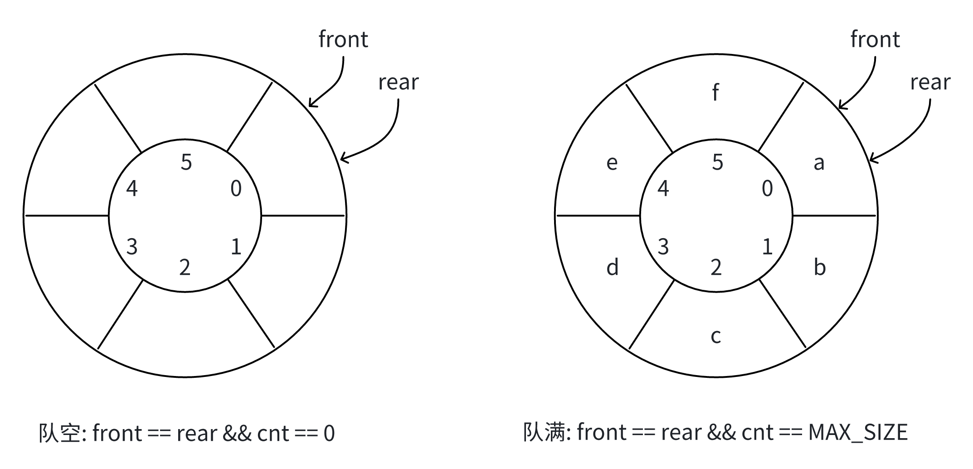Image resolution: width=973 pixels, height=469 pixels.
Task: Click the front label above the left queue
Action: (343, 39)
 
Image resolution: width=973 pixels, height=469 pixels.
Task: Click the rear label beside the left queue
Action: (398, 83)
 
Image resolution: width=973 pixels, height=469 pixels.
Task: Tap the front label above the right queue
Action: (875, 39)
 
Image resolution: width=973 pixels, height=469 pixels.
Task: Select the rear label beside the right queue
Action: (930, 83)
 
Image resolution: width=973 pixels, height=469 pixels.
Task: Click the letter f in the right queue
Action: (715, 92)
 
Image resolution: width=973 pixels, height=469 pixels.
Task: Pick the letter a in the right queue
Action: (818, 163)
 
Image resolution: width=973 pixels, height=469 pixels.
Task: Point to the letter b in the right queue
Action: (819, 267)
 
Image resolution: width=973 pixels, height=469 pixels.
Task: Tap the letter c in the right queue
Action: (715, 336)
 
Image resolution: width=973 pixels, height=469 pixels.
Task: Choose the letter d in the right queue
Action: (612, 267)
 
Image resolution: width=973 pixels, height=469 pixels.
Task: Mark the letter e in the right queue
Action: (612, 163)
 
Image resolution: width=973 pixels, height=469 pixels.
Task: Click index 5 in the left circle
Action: (186, 162)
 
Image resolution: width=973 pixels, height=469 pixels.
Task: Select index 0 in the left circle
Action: (236, 189)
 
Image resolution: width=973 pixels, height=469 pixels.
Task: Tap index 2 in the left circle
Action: (185, 268)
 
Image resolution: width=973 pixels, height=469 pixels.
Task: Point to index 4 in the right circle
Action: (663, 189)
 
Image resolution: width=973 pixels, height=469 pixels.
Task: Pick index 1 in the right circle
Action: (767, 247)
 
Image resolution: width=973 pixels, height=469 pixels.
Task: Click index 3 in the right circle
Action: (663, 247)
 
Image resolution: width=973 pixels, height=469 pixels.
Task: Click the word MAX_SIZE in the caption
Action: (857, 433)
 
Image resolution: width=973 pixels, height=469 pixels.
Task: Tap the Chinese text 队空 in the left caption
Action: (59, 433)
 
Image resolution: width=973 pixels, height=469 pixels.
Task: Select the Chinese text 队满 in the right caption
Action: (544, 432)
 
